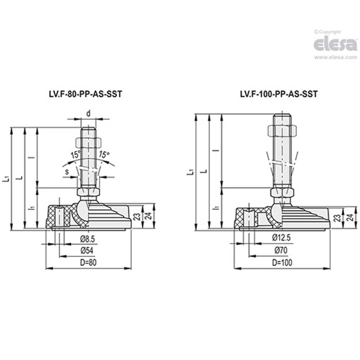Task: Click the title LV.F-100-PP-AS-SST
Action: point(278,94)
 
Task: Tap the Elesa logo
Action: point(335,45)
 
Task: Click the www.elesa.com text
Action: point(335,57)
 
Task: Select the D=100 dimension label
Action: point(282,262)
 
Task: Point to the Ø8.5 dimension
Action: point(88,239)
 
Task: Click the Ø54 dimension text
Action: point(87,251)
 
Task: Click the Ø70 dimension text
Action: point(281,251)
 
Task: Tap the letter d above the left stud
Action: point(88,114)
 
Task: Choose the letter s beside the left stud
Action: point(67,171)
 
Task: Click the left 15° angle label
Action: point(75,155)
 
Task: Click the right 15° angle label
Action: point(104,154)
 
